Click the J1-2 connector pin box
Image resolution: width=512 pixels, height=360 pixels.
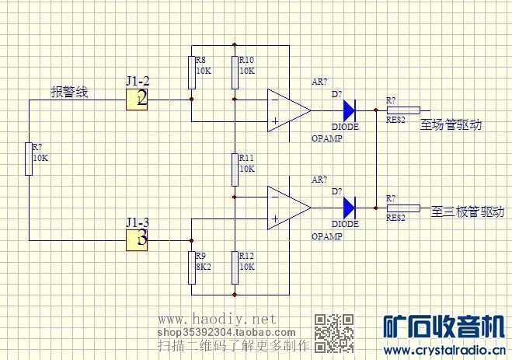point(137,99)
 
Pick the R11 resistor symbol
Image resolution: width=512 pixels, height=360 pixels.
point(235,169)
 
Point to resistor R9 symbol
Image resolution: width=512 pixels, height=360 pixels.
point(191,267)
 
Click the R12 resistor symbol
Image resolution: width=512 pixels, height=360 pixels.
point(235,267)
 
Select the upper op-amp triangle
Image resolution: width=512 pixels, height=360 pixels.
point(286,110)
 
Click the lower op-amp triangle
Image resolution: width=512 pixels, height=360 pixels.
point(286,208)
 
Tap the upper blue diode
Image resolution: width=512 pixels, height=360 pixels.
point(348,110)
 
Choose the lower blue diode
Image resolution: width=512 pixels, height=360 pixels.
point(348,208)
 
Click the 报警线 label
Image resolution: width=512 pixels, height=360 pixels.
point(70,93)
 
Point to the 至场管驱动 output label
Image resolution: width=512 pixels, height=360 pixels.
point(451,124)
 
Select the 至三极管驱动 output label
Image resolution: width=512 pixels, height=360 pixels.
point(467,211)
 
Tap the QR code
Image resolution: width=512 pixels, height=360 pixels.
point(334,332)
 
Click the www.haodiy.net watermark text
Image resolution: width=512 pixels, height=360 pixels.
point(218,320)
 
